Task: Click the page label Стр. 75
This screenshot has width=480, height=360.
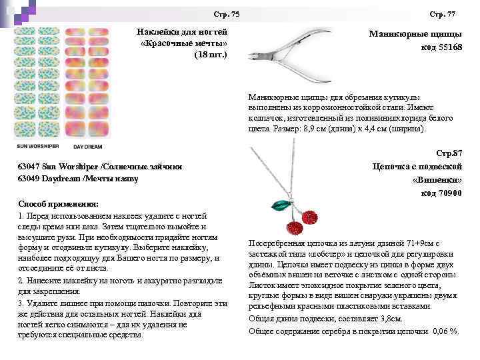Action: coord(227,15)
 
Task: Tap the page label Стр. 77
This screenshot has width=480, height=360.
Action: coord(442,14)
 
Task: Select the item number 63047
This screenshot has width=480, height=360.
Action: coord(33,166)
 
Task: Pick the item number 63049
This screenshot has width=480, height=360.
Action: coord(33,178)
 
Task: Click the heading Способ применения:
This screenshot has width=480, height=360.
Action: coord(59,203)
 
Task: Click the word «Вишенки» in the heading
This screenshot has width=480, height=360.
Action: coord(437,180)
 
